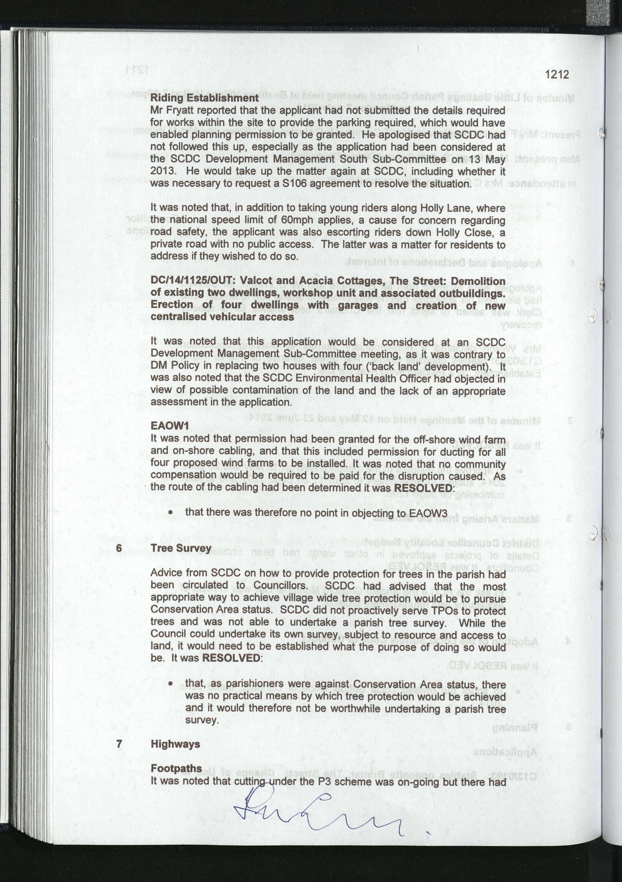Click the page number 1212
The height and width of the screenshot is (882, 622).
557,74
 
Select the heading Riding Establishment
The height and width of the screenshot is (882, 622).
204,98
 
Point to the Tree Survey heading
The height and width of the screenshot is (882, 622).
181,548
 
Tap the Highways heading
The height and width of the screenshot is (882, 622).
175,744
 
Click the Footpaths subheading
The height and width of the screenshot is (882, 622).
176,768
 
